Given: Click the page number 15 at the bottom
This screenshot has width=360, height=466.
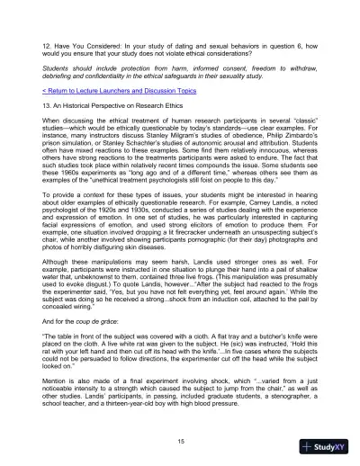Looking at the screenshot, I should (x=180, y=440).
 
